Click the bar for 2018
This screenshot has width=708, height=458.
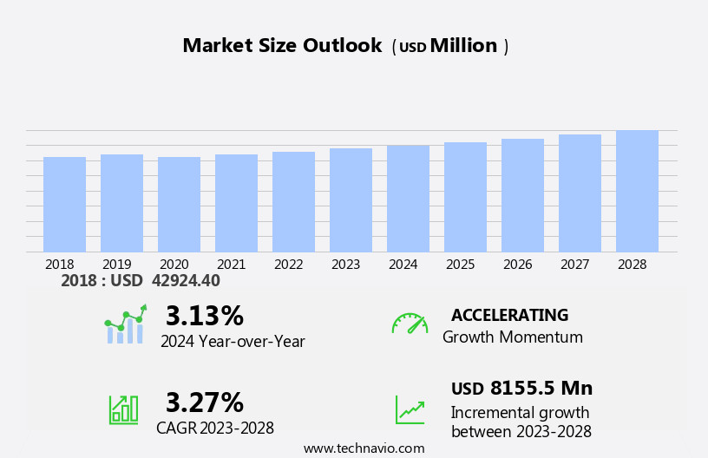tap(64, 205)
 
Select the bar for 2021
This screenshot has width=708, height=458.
tap(236, 203)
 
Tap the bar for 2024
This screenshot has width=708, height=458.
tap(408, 199)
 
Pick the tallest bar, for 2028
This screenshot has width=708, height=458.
tap(637, 191)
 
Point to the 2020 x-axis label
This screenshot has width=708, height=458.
tap(174, 265)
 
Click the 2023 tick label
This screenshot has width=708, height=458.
tap(345, 265)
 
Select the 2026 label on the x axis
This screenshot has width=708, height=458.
tap(517, 265)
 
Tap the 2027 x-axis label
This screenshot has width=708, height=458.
tap(574, 265)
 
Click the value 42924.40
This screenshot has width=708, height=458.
tap(186, 281)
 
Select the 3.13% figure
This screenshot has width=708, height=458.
tap(204, 316)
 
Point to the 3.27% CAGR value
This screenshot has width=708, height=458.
tap(204, 402)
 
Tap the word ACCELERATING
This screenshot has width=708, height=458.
tap(509, 315)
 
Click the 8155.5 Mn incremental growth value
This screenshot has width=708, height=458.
tap(541, 389)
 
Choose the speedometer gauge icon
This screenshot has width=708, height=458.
tap(410, 324)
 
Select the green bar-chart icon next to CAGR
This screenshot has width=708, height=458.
tap(123, 409)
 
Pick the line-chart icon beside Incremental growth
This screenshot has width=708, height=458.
tap(410, 409)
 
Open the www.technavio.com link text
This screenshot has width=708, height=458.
tap(364, 448)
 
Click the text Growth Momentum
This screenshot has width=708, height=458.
tap(512, 337)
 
